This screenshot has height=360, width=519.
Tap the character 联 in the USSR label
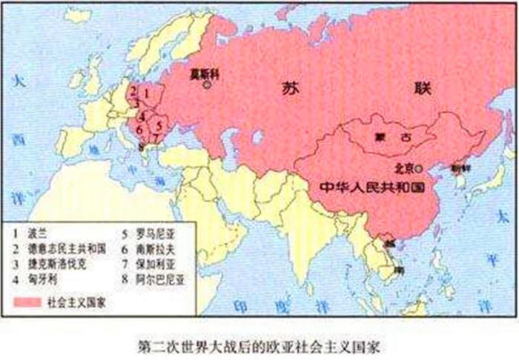(x=422, y=87)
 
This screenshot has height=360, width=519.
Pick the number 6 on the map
(x=139, y=130)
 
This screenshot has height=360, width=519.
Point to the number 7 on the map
(x=154, y=139)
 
